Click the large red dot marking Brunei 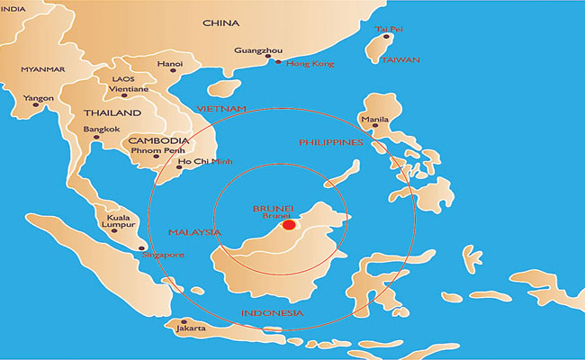click(288, 225)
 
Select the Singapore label click(164, 256)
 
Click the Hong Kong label click(310, 64)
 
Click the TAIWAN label click(400, 59)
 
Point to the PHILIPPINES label click(330, 142)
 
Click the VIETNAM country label click(221, 109)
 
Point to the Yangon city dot click(36, 107)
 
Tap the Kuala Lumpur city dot click(114, 230)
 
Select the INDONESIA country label click(272, 313)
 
